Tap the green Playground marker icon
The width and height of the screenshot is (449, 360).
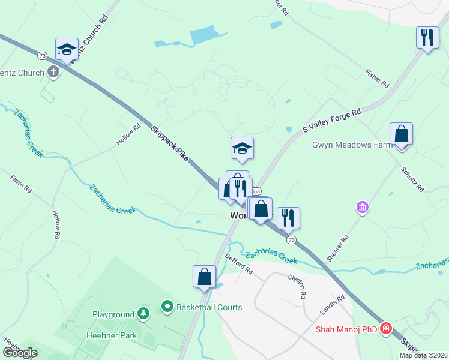point(143,313)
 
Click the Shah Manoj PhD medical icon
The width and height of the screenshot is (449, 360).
point(385,329)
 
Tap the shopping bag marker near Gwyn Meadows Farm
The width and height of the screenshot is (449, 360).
point(401,134)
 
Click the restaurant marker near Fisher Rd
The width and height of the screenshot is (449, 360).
point(427,37)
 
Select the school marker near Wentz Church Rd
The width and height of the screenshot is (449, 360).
point(67,49)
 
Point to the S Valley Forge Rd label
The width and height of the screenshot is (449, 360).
point(331,120)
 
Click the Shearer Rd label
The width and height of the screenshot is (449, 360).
point(337,248)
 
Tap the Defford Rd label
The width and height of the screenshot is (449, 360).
point(239,263)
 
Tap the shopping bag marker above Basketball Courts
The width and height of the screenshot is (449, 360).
point(204,277)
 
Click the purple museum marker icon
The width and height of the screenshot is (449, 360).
point(362,208)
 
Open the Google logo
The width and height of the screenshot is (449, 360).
point(20,353)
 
